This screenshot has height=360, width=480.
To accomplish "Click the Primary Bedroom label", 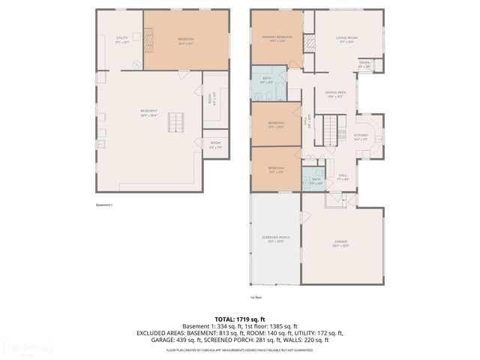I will coord(277,38).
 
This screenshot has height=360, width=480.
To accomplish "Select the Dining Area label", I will coord(334,94).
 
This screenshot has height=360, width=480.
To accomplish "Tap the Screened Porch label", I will coord(275,239).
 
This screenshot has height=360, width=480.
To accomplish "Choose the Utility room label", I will coord(121,39).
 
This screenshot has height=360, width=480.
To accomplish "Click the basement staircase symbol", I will coord(176,122).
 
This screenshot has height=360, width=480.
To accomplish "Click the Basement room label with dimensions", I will coord(148,113).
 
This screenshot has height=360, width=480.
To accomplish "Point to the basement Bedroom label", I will coord(186,40).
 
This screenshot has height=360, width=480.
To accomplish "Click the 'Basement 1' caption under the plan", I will coord(104,205).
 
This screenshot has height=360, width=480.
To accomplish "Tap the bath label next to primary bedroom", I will coord(266,79).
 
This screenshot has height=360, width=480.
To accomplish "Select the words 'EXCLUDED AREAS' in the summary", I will coord(160,333).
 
